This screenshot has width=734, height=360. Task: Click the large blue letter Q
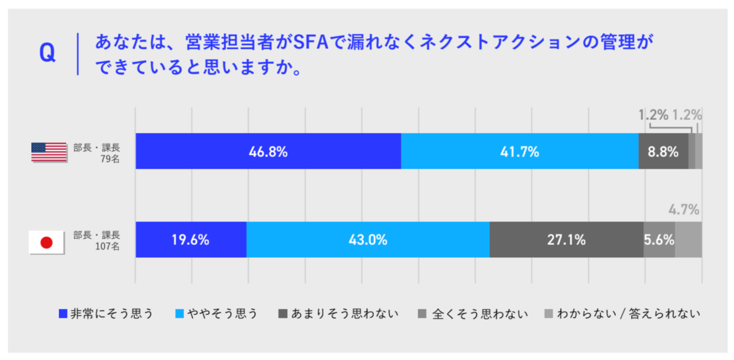(47, 53)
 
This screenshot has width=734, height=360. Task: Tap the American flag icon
(49, 152)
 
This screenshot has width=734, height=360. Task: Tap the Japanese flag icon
(47, 242)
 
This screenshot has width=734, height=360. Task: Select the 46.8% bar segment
(268, 151)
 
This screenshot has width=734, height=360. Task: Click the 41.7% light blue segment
(520, 151)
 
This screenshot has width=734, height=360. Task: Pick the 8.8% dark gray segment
(663, 151)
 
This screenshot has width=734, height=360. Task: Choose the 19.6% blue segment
(191, 240)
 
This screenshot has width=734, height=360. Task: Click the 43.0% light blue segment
(368, 240)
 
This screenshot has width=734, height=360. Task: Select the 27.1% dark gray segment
(566, 240)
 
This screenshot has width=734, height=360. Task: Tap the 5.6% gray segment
(659, 240)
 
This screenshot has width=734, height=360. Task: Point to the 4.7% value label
(684, 210)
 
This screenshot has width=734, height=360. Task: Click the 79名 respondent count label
(110, 159)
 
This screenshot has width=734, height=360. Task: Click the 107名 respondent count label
(107, 246)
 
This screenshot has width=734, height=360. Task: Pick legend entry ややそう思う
(217, 314)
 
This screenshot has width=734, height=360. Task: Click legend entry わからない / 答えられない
(623, 314)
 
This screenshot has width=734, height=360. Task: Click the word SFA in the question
(311, 42)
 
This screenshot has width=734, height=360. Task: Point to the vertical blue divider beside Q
(78, 54)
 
